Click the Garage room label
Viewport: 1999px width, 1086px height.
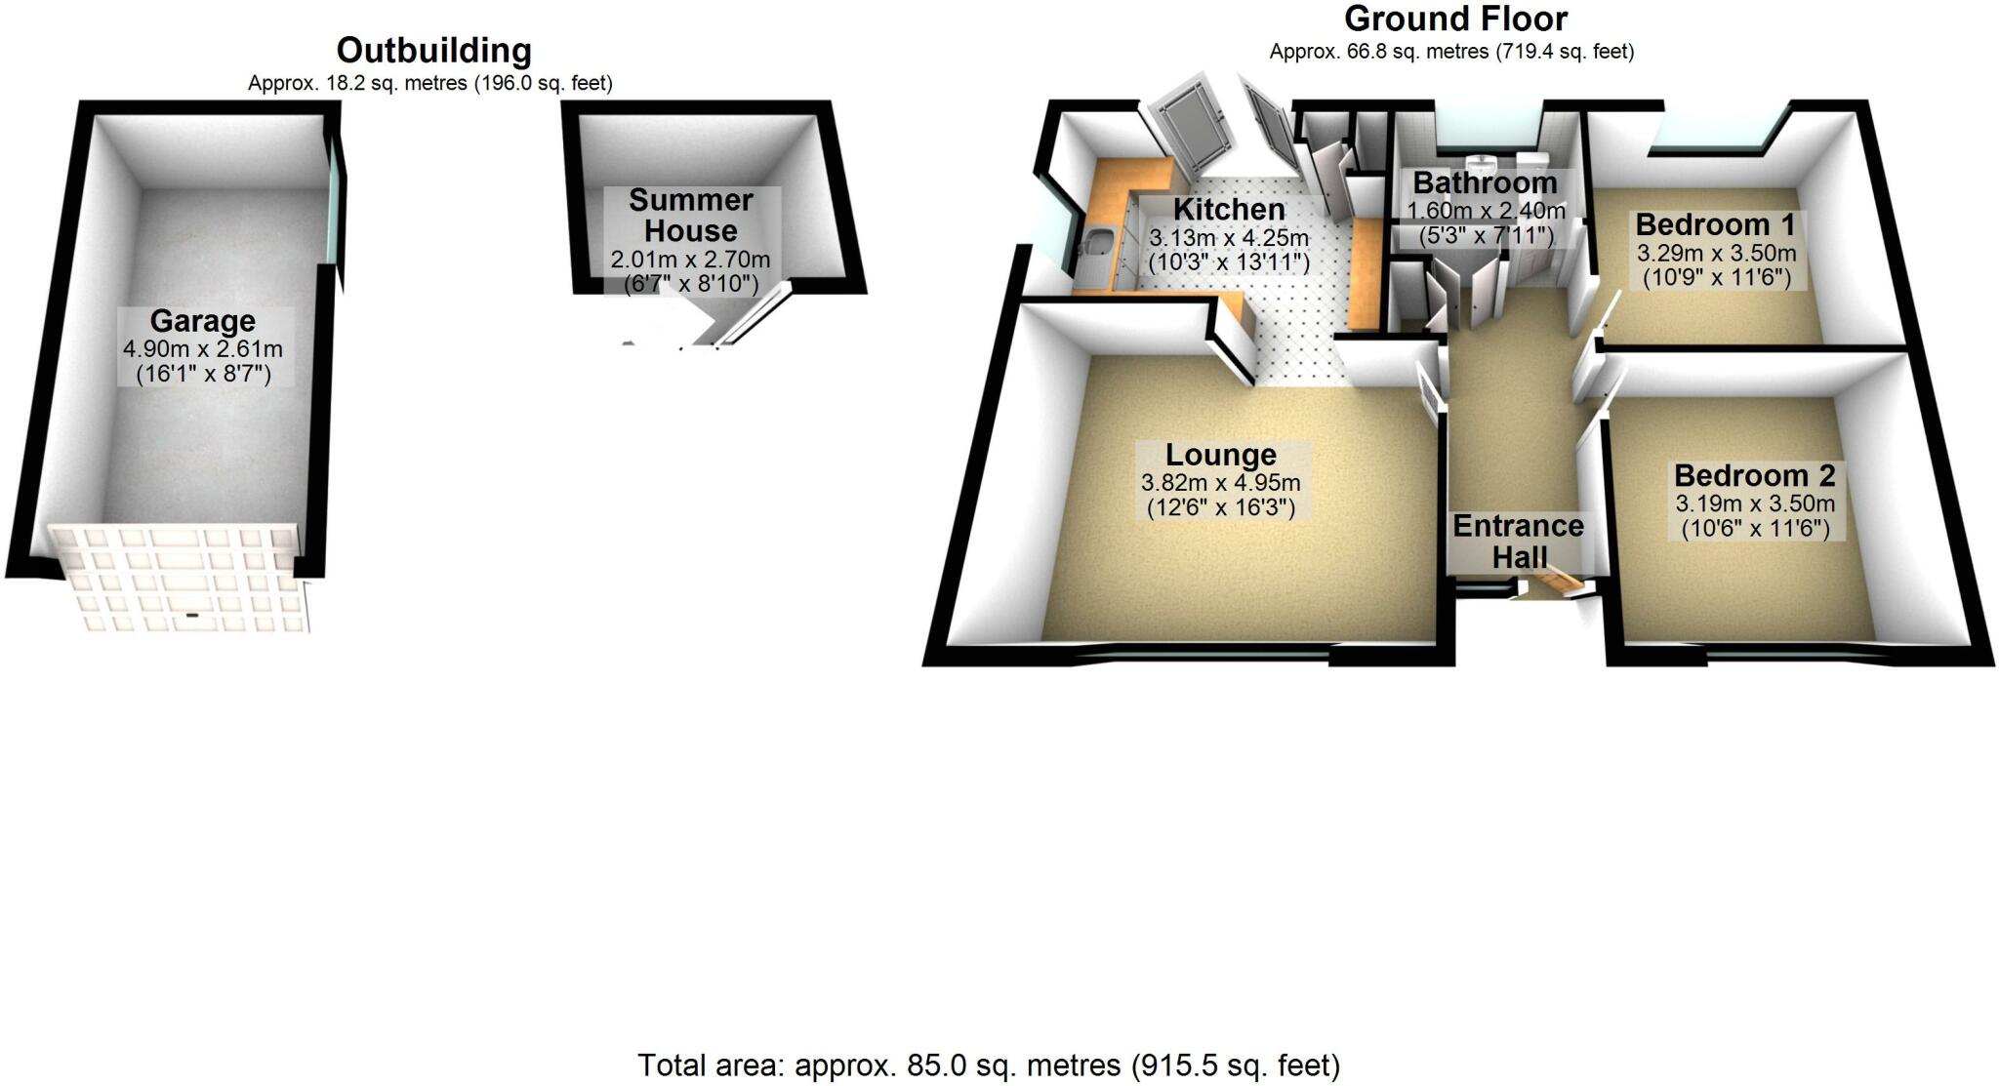point(203,321)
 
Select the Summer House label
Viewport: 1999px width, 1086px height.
point(691,216)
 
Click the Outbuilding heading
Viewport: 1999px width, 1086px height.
point(433,51)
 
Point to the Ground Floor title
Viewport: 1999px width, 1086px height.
point(1455,19)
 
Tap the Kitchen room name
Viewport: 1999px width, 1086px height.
point(1229,209)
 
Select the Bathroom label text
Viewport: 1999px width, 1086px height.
point(1485,182)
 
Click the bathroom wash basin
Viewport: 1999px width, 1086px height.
point(1482,164)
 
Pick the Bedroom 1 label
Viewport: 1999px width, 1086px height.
point(1715,224)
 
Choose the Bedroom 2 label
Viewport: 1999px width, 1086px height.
point(1754,475)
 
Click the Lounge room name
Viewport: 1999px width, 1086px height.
point(1220,455)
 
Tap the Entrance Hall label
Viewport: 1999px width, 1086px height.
point(1518,541)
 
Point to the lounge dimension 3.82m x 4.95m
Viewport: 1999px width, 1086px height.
point(1220,483)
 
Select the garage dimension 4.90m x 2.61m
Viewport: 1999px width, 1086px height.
point(203,348)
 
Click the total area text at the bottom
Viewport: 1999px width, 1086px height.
point(989,1065)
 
